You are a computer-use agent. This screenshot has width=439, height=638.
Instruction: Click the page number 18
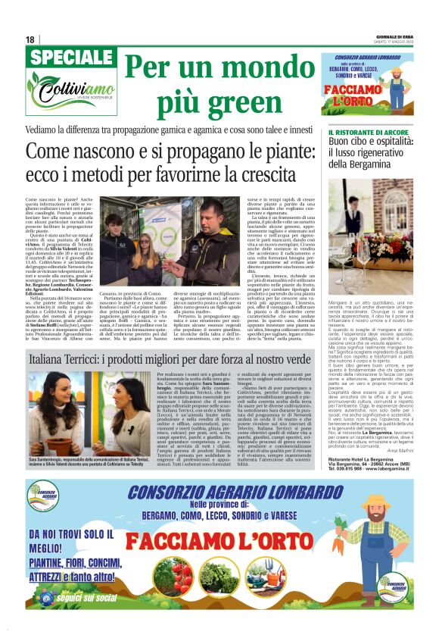(x=30, y=39)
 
